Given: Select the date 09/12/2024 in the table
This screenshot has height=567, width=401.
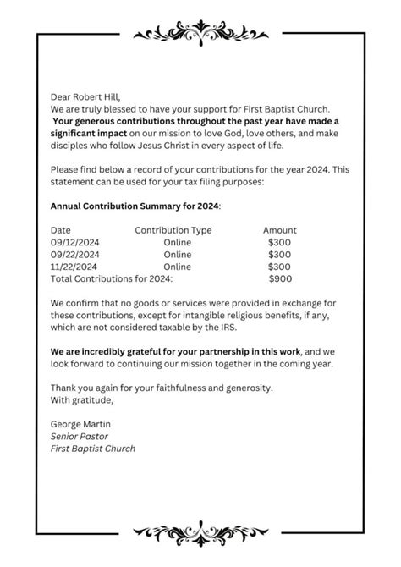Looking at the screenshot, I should coord(75,241).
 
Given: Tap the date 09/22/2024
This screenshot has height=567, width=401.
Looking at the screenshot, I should coord(75,253).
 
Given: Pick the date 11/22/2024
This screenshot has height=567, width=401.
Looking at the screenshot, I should coord(75,266).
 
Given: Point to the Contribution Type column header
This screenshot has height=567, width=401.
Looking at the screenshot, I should coord(173,229).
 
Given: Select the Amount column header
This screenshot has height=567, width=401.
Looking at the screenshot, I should coord(279,229).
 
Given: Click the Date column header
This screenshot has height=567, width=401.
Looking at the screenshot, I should coord(61,229).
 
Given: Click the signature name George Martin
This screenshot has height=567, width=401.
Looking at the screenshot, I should coord(81,423).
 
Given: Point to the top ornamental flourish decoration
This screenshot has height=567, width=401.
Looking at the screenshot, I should coord(200,33).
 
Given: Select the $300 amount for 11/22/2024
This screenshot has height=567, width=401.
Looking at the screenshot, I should coord(279,266).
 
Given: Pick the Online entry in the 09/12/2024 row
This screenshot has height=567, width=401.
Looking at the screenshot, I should coord(178,241).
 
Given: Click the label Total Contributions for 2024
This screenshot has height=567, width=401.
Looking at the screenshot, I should coord(112,278).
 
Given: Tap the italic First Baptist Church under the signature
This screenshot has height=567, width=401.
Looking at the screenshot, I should coord(93,448).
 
